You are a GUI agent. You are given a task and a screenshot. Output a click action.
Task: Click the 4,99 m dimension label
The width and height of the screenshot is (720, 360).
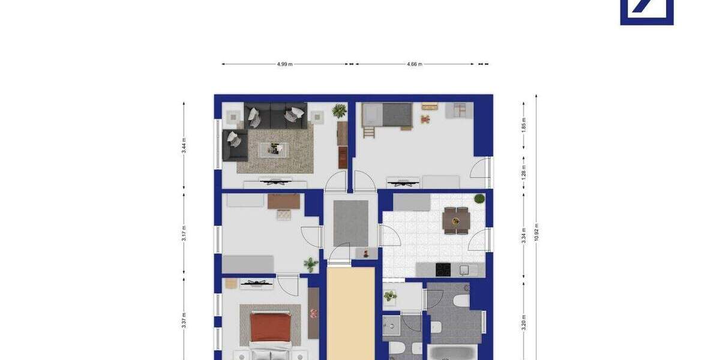tap(285, 64)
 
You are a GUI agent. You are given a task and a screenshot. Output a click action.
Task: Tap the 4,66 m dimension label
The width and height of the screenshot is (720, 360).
tap(415, 64)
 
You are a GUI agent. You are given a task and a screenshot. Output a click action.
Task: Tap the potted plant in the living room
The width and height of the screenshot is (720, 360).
tap(340, 110)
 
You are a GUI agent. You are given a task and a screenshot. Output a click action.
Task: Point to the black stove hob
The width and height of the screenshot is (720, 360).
tap(443, 269)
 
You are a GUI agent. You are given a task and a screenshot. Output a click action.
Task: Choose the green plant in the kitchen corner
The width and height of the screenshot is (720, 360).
tap(479, 199)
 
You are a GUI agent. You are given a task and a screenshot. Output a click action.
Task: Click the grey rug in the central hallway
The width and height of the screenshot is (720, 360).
tap(351, 223)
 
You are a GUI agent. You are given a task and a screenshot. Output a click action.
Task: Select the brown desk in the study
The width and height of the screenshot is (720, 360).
tap(283, 202)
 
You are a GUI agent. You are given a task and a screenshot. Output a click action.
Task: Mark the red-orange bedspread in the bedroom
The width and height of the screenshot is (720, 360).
tap(271, 328)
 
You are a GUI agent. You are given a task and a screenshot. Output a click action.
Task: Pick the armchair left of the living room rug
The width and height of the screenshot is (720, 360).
tap(234, 145)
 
